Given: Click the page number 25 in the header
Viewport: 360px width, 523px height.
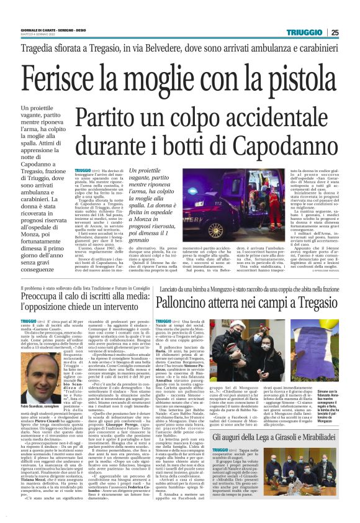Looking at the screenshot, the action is pyautogui.click(x=352, y=32).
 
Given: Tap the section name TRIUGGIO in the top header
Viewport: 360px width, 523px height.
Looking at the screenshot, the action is pyautogui.click(x=304, y=32).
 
